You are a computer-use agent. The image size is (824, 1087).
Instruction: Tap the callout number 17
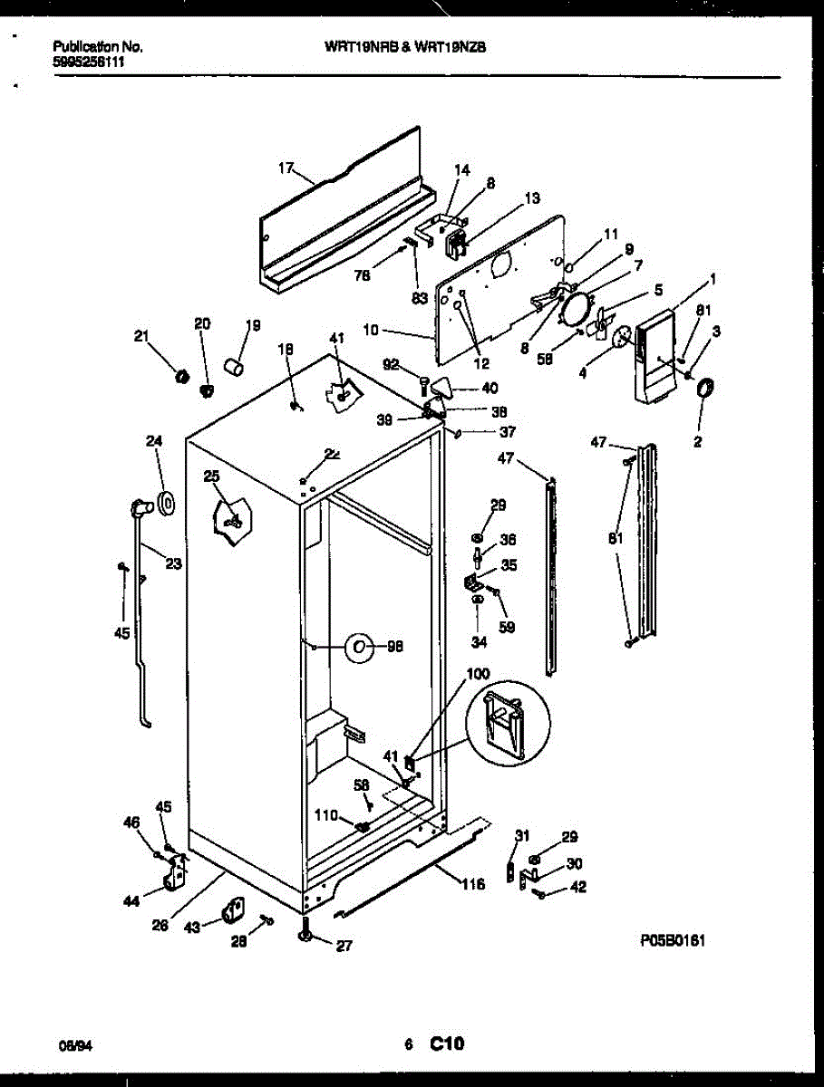point(286,167)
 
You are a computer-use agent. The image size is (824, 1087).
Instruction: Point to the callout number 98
point(395,647)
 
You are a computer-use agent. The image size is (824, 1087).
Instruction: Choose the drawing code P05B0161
point(673,941)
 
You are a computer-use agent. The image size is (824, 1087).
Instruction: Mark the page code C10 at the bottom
point(447,1044)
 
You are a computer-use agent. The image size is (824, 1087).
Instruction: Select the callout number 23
point(173,563)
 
